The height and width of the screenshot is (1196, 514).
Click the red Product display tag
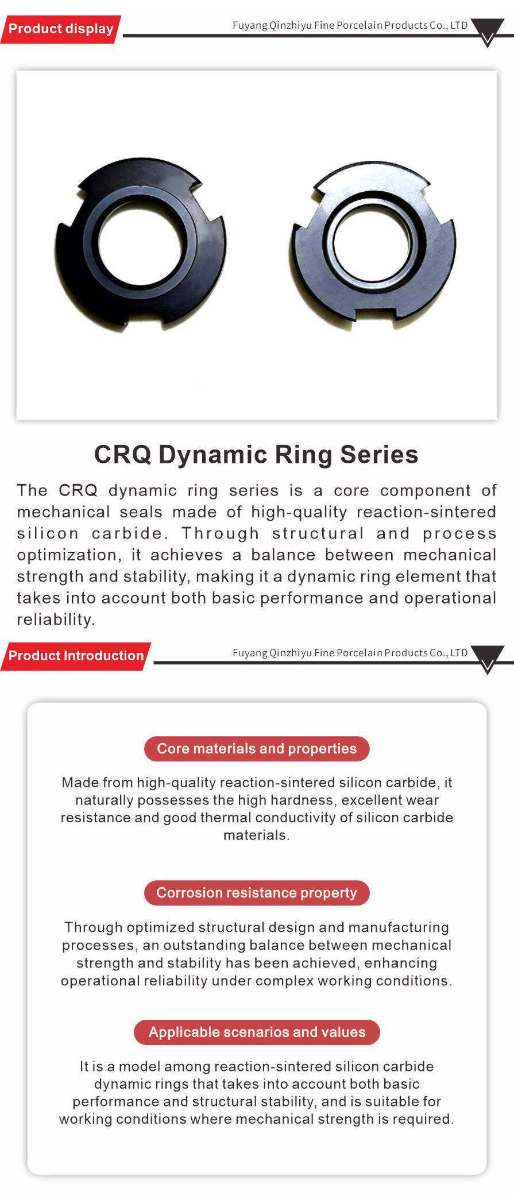[60, 29]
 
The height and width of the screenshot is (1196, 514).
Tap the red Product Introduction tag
[76, 656]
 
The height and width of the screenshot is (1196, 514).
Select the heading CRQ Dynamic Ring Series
[256, 455]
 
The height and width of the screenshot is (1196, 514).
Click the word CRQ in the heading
[122, 455]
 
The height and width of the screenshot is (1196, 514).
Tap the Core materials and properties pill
[257, 749]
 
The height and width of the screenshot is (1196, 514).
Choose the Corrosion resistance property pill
[257, 893]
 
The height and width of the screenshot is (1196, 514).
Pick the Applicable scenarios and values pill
[257, 1032]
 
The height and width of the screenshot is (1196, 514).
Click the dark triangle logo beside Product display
[488, 31]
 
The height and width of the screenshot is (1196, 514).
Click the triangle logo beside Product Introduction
[488, 659]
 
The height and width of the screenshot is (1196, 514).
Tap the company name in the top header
[350, 25]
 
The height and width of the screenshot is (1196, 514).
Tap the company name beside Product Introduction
[350, 653]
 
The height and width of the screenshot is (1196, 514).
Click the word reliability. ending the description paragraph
[56, 620]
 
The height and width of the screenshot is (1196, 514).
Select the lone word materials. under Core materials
[257, 835]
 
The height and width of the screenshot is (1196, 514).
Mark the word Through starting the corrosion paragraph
[93, 928]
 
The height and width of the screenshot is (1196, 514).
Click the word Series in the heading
[379, 455]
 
